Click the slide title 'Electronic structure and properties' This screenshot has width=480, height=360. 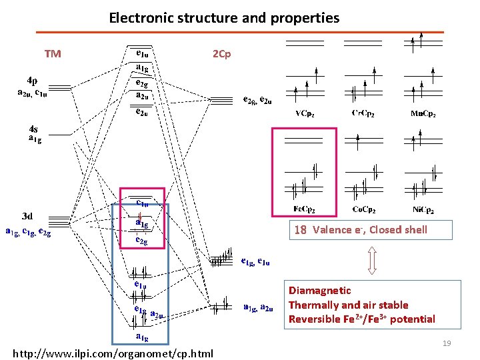tap(224, 18)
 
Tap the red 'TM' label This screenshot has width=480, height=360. tap(53, 54)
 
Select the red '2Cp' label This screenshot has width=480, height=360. tap(221, 54)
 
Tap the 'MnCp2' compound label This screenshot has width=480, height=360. tap(423, 113)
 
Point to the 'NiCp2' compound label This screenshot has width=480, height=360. tap(424, 209)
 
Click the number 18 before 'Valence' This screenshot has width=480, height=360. tap(301, 230)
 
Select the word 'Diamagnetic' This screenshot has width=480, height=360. tap(319, 291)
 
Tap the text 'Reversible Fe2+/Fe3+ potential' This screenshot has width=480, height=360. tap(361, 319)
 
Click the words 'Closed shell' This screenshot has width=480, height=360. tap(398, 230)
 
